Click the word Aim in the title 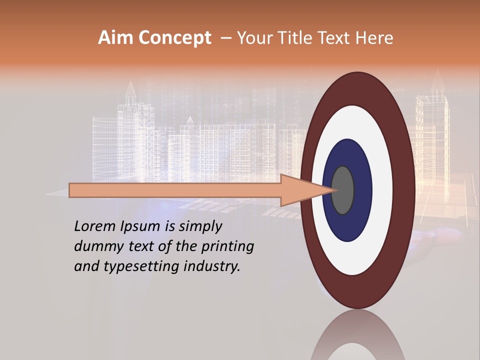click(116, 38)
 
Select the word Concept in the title click(174, 38)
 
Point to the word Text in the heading click(335, 38)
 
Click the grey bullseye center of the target click(343, 190)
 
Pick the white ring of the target click(357, 125)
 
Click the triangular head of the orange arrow click(305, 190)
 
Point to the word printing click(227, 246)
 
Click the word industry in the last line click(212, 266)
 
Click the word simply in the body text click(199, 226)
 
